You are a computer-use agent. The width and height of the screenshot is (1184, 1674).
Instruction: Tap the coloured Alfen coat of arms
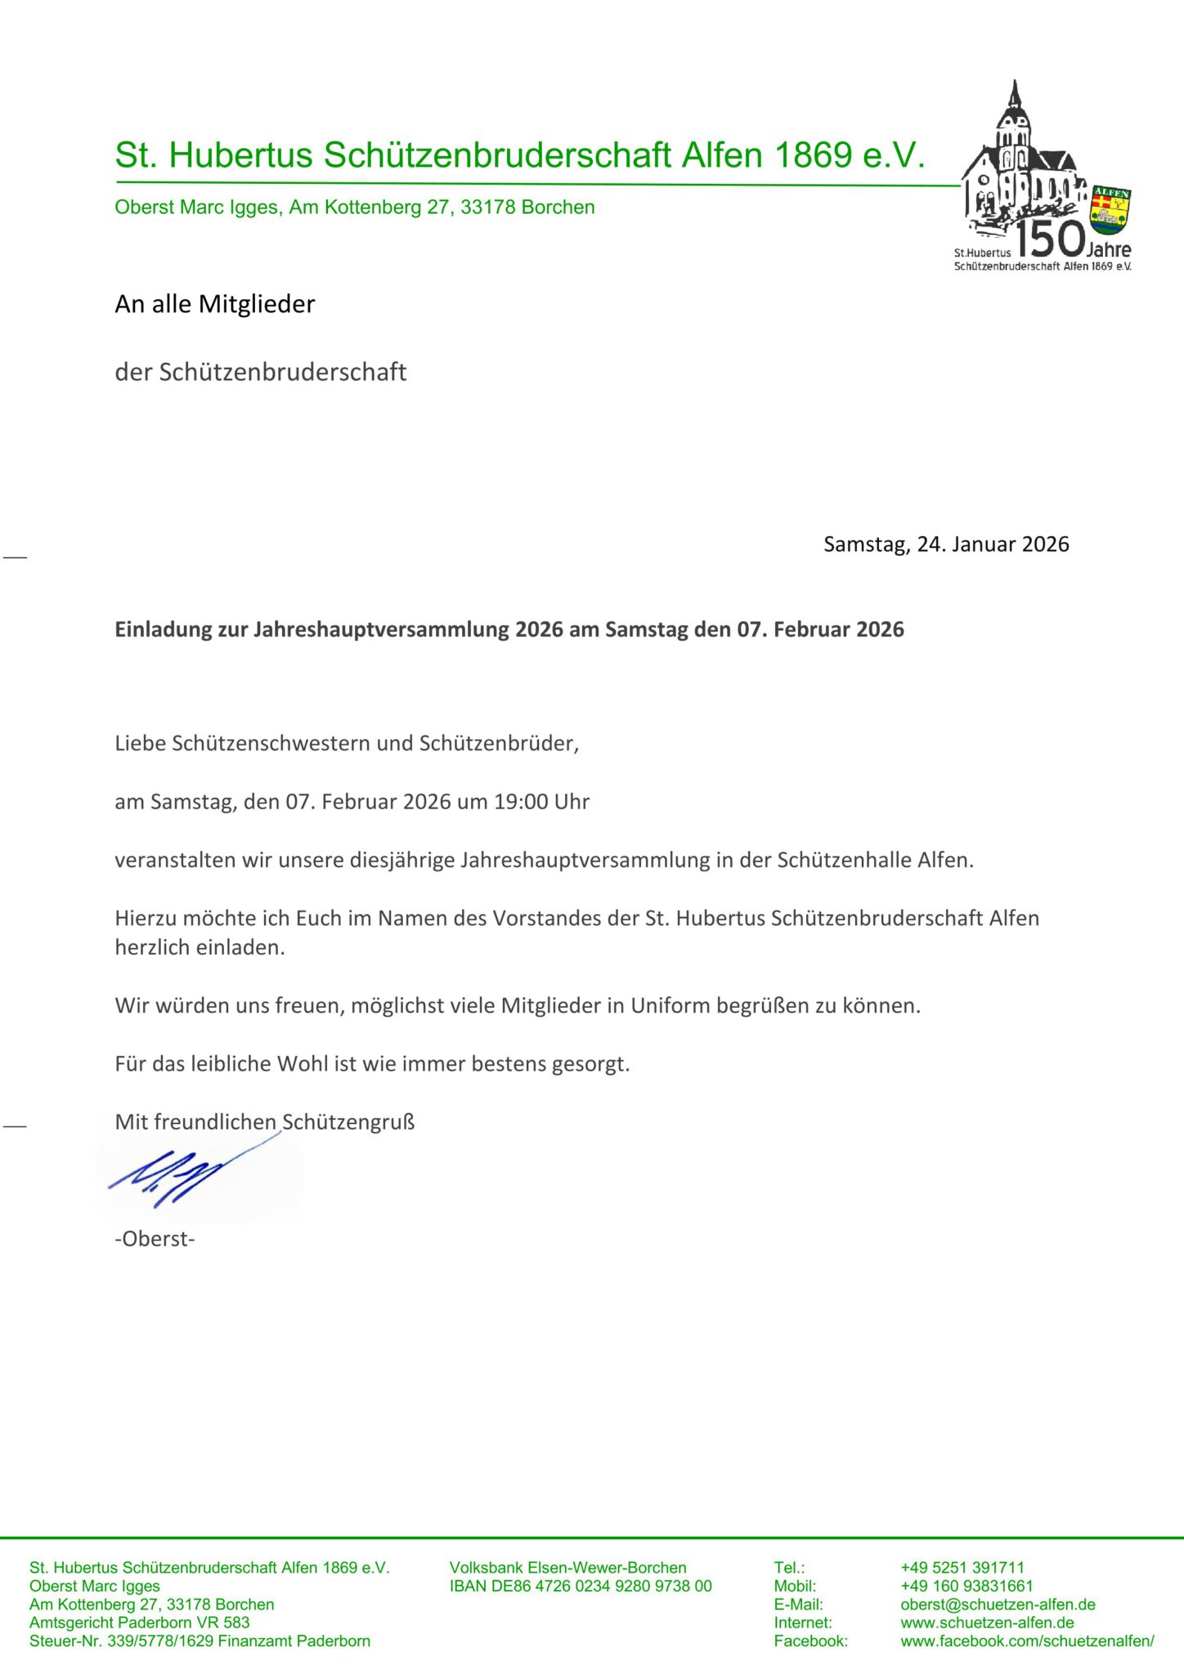(x=1110, y=209)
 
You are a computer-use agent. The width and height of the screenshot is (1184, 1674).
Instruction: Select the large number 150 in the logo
(x=1050, y=239)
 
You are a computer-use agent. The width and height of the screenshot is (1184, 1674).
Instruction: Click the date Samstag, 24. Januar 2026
(x=946, y=544)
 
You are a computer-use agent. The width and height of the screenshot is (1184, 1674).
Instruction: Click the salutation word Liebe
(x=141, y=744)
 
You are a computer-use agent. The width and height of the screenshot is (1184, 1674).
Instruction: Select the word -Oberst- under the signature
(x=155, y=1239)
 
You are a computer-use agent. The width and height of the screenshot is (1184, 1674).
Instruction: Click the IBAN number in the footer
(x=581, y=1587)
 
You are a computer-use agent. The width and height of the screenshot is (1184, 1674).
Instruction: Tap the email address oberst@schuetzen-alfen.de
(x=998, y=1605)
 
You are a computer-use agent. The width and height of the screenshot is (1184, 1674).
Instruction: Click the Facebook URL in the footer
(x=1027, y=1640)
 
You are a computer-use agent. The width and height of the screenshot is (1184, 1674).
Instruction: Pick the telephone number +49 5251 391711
(x=962, y=1568)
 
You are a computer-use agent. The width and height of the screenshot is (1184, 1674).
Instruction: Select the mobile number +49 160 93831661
(x=966, y=1587)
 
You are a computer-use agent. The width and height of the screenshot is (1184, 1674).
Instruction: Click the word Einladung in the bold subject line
(x=163, y=629)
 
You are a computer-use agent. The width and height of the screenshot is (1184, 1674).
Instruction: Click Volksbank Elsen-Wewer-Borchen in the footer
(x=567, y=1568)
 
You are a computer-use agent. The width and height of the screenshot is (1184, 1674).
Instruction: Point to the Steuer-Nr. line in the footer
(x=200, y=1640)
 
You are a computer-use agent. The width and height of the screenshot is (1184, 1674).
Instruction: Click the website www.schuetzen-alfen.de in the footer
(x=987, y=1623)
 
